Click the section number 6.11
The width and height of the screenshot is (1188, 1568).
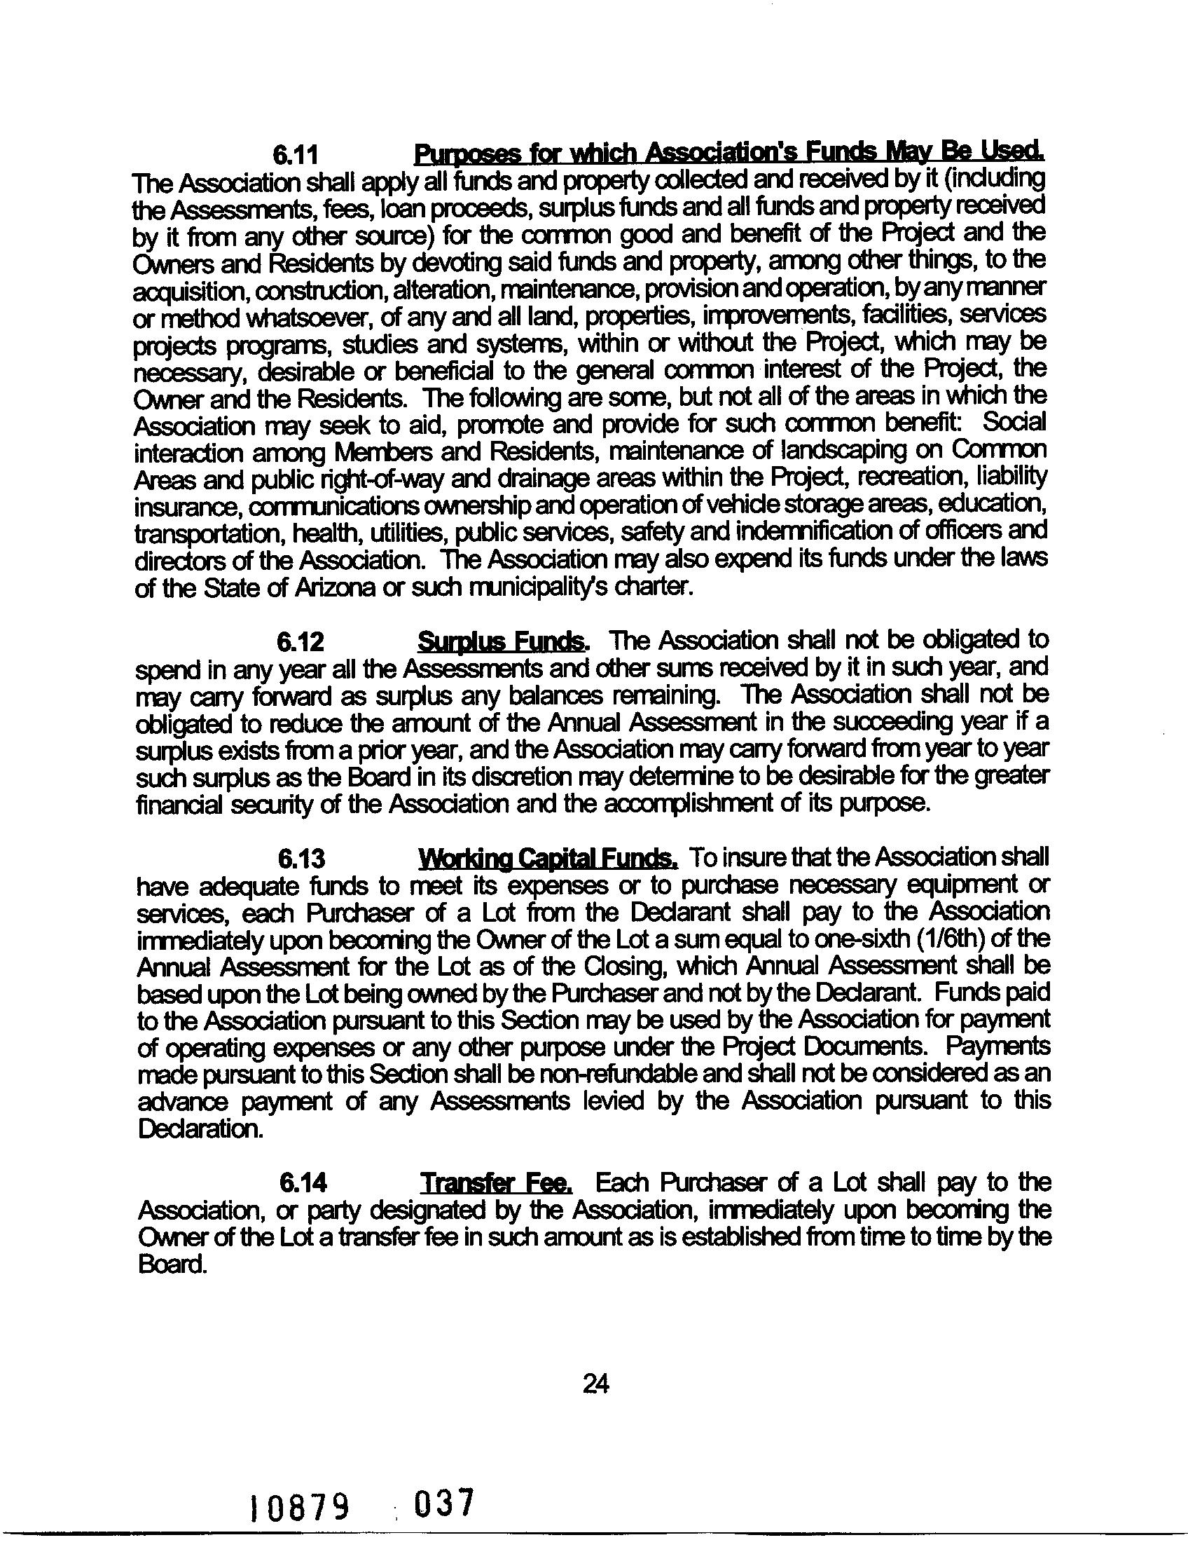coord(298,154)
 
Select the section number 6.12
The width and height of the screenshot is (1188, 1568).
coord(301,642)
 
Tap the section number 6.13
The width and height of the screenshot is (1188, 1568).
coord(301,859)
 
